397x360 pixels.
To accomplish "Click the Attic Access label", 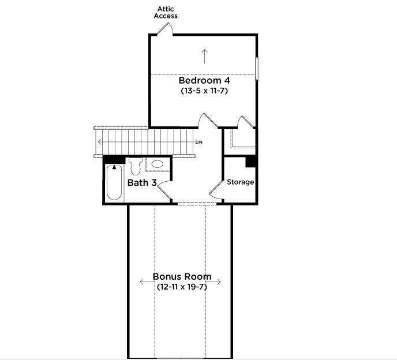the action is tap(166, 13).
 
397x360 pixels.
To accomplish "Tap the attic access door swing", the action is tap(164, 29).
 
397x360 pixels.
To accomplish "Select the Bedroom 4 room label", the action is tap(204, 81).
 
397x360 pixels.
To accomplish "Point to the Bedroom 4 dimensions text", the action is tap(204, 91).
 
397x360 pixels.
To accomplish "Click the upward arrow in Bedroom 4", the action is tap(205, 57).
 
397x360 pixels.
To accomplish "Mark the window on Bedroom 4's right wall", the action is tap(257, 69).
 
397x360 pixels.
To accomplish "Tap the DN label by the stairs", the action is tap(199, 142).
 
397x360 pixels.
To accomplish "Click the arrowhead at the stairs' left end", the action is tap(99, 142).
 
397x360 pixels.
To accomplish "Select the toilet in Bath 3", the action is tap(136, 166).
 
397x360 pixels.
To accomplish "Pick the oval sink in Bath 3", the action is tap(157, 164).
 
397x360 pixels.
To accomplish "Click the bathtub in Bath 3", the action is tap(114, 182).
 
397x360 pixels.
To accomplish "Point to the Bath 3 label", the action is tap(142, 182).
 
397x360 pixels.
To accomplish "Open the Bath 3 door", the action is tap(164, 189).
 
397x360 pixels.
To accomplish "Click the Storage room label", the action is tap(240, 182).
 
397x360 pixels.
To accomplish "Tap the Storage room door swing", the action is tap(216, 189).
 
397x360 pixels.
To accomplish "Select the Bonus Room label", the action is tap(182, 276).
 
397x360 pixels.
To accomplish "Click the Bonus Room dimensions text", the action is tap(182, 287).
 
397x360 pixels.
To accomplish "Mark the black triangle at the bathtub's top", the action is tap(114, 167).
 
